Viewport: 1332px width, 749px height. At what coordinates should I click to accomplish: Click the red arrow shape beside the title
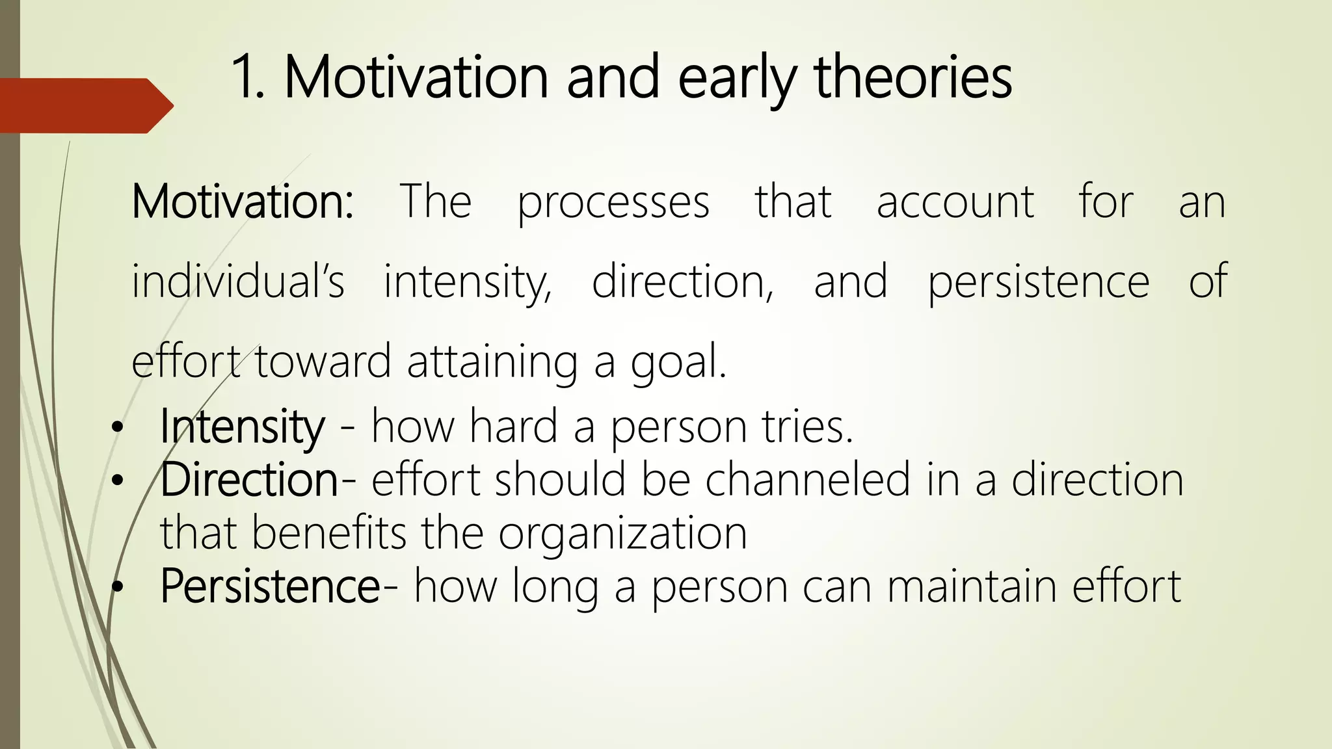85,105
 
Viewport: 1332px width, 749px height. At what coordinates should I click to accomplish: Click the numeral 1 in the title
245,78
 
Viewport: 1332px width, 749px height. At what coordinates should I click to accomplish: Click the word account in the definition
955,203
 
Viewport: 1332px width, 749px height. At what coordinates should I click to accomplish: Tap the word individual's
237,282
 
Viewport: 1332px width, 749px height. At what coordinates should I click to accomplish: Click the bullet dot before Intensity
116,428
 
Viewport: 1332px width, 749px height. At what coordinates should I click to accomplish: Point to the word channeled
807,480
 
